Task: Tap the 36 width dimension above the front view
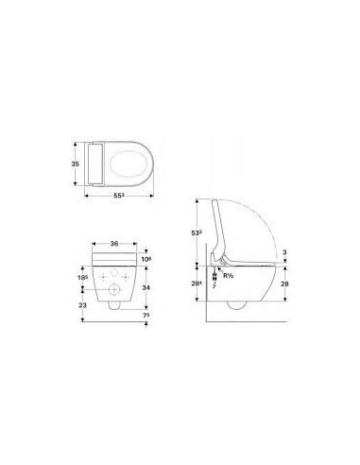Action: point(114,243)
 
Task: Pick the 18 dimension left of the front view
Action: point(83,277)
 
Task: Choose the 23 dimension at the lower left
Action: point(82,305)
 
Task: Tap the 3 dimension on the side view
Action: point(286,251)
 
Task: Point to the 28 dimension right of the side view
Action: point(286,284)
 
